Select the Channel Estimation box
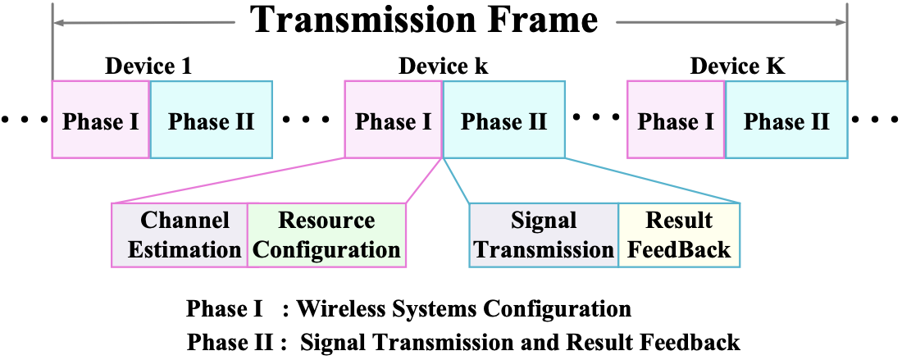point(180,235)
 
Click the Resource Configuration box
point(326,235)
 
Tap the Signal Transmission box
point(544,235)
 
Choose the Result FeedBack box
point(679,235)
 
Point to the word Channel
point(184,221)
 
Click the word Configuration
point(326,249)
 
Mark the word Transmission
point(544,249)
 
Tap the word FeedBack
point(679,249)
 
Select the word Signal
point(544,221)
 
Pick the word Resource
point(326,221)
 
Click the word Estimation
point(184,249)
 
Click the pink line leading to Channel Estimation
point(230,180)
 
